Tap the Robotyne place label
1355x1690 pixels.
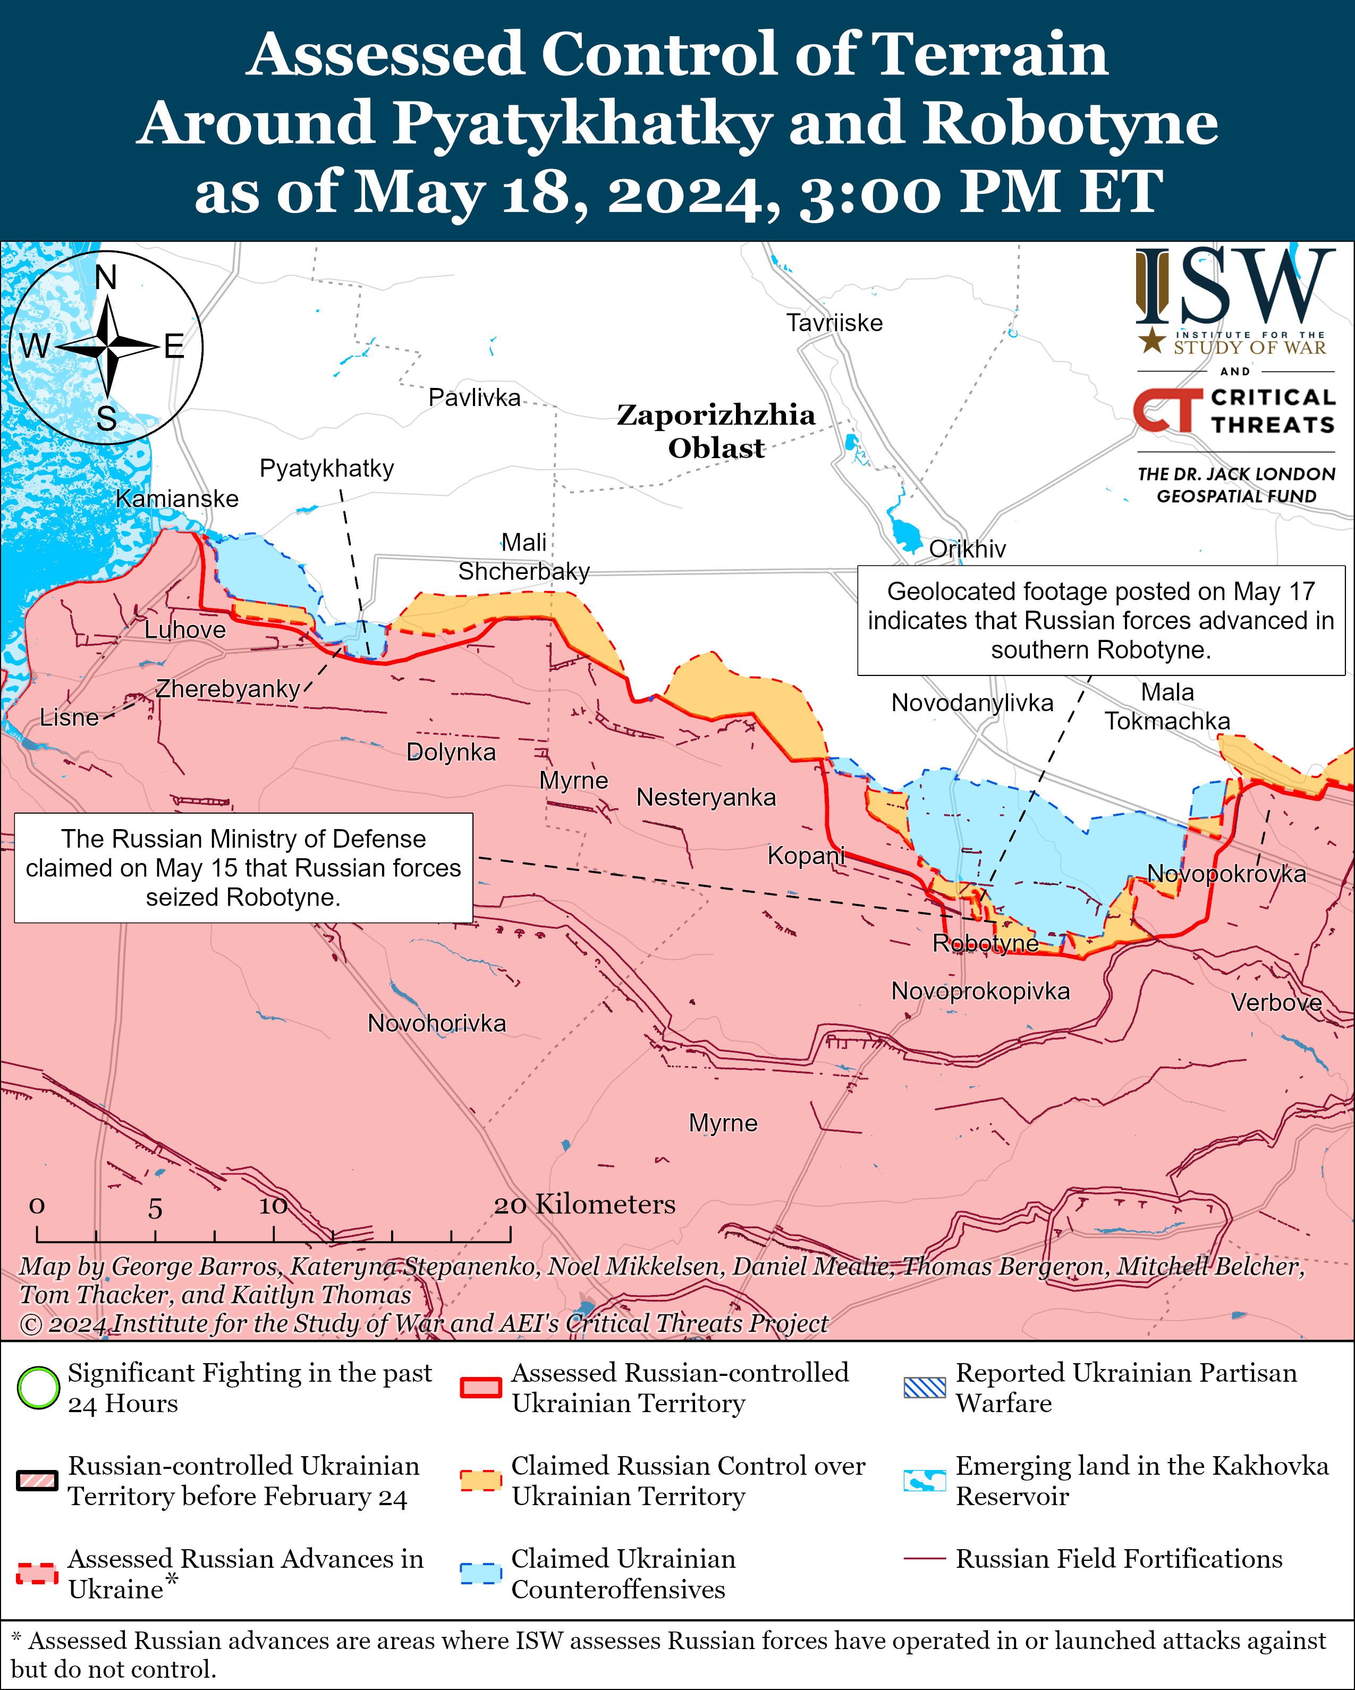pos(985,943)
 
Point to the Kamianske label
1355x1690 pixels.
pos(177,498)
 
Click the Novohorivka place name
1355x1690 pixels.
pos(436,1023)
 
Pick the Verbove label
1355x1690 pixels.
pos(1276,1002)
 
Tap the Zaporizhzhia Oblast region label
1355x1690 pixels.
pos(716,431)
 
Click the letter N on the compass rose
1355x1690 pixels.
pos(106,277)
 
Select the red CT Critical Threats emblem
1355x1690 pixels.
pos(1167,410)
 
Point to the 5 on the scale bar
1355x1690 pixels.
pos(155,1209)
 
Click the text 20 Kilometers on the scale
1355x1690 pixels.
pos(584,1204)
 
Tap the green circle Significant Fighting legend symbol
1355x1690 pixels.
pos(38,1388)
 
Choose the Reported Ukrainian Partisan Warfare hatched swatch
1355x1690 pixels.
pos(924,1388)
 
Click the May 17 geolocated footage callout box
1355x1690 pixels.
pos(1100,620)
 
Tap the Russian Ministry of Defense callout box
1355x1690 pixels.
pos(243,868)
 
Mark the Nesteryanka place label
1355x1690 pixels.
pos(705,797)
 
